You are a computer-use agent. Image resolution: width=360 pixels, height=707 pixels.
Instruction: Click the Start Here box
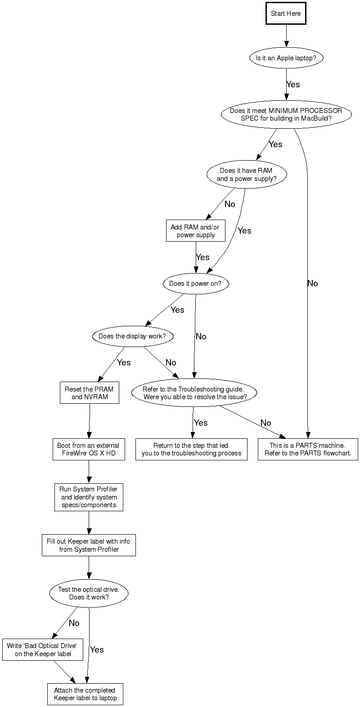(286, 14)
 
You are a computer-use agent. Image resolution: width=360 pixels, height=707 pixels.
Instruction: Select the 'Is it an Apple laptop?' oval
(286, 58)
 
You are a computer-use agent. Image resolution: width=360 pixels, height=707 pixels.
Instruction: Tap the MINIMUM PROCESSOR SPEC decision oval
(286, 114)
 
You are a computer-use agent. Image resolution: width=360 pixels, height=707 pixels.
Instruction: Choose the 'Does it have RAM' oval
(246, 175)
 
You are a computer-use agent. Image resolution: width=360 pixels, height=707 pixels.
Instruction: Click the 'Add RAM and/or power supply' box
(195, 231)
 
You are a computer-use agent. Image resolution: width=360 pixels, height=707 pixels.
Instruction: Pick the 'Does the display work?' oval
(132, 336)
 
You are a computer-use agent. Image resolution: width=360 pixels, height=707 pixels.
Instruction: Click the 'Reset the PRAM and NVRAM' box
(89, 393)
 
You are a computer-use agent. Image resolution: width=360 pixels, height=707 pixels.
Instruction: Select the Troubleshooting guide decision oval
(194, 393)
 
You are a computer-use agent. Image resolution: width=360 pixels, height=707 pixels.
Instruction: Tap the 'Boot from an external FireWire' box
(89, 449)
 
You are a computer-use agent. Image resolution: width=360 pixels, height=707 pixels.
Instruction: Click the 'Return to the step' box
(191, 449)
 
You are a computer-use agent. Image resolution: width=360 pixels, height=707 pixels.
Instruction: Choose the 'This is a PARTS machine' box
(308, 449)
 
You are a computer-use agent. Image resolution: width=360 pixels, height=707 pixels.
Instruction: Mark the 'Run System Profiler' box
(89, 497)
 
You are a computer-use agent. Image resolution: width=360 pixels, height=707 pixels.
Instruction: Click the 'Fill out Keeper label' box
(89, 545)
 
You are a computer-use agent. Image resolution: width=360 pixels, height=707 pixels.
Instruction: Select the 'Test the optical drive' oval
(89, 594)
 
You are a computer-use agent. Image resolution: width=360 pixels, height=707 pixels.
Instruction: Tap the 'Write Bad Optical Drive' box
(43, 650)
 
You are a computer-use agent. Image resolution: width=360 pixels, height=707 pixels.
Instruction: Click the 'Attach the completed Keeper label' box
(85, 694)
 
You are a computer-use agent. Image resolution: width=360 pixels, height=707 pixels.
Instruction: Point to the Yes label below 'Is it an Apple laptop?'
(293, 85)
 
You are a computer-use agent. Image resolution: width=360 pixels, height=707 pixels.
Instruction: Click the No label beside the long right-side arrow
(312, 284)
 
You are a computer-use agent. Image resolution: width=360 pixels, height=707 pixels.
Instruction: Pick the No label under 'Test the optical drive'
(74, 623)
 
